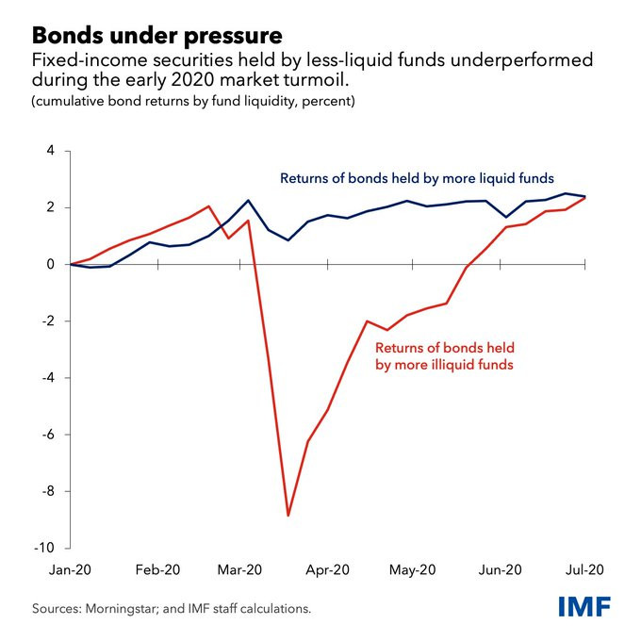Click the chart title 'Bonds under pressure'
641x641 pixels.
coord(157,36)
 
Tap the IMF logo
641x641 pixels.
coord(582,606)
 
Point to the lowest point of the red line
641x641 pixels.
coord(288,516)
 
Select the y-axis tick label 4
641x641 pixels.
coord(51,151)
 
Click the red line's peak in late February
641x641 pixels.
coord(209,205)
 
